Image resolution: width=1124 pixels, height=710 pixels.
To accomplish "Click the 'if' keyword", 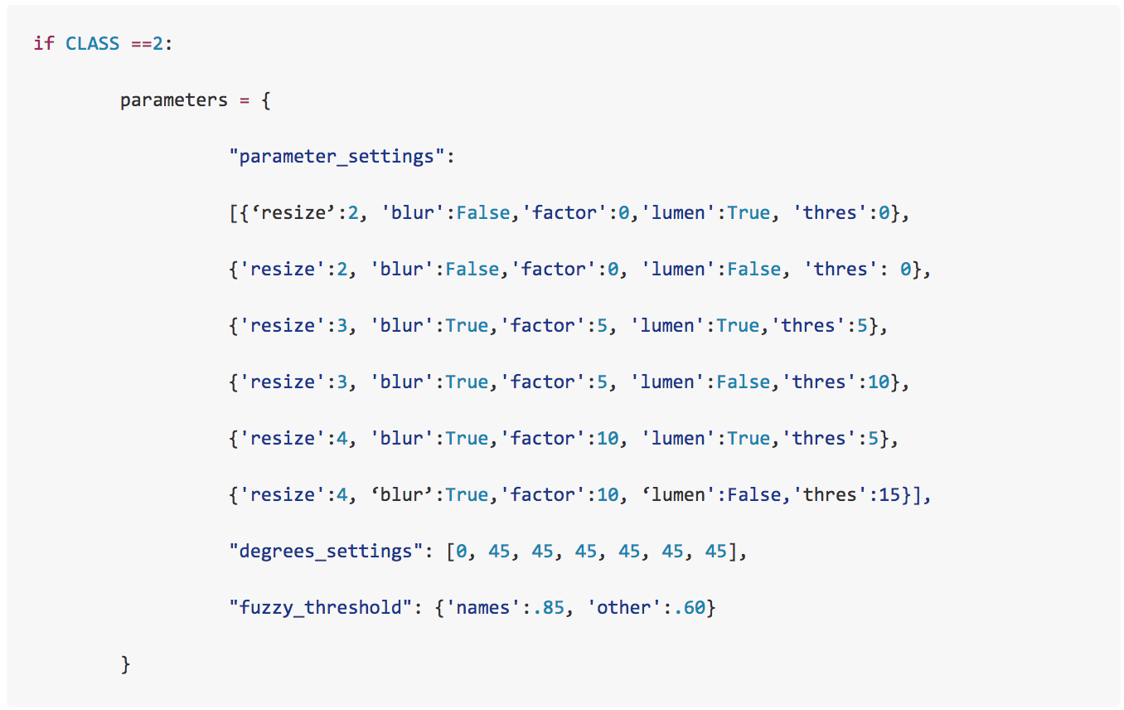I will [x=44, y=43].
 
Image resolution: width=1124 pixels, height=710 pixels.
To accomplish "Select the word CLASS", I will [x=92, y=43].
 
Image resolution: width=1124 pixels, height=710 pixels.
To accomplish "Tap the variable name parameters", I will [x=173, y=100].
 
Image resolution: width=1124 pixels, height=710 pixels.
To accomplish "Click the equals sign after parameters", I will [x=245, y=100].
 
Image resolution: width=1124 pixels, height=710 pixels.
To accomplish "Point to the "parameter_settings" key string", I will [x=342, y=156].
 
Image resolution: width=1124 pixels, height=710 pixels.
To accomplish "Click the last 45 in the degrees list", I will [x=716, y=551].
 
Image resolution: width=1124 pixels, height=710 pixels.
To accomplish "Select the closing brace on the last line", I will [x=125, y=664].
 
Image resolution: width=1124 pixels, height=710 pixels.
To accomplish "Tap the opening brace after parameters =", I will [x=266, y=100].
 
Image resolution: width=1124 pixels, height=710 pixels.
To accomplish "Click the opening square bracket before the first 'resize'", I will [x=233, y=212].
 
